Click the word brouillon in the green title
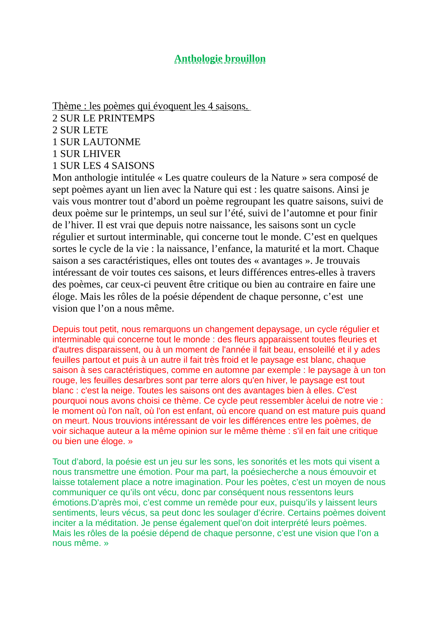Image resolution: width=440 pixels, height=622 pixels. [245, 59]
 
